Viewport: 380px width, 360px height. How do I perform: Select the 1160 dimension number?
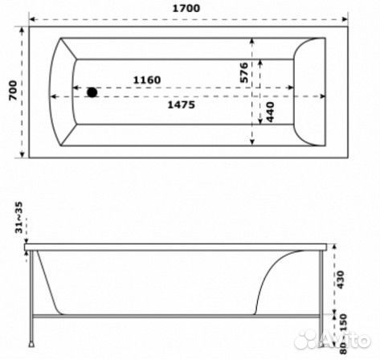click(x=147, y=80)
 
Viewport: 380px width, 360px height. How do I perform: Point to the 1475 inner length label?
click(x=184, y=104)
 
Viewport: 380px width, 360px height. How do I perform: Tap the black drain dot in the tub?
click(x=92, y=92)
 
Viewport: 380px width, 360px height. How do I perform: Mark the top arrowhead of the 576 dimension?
click(x=253, y=39)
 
